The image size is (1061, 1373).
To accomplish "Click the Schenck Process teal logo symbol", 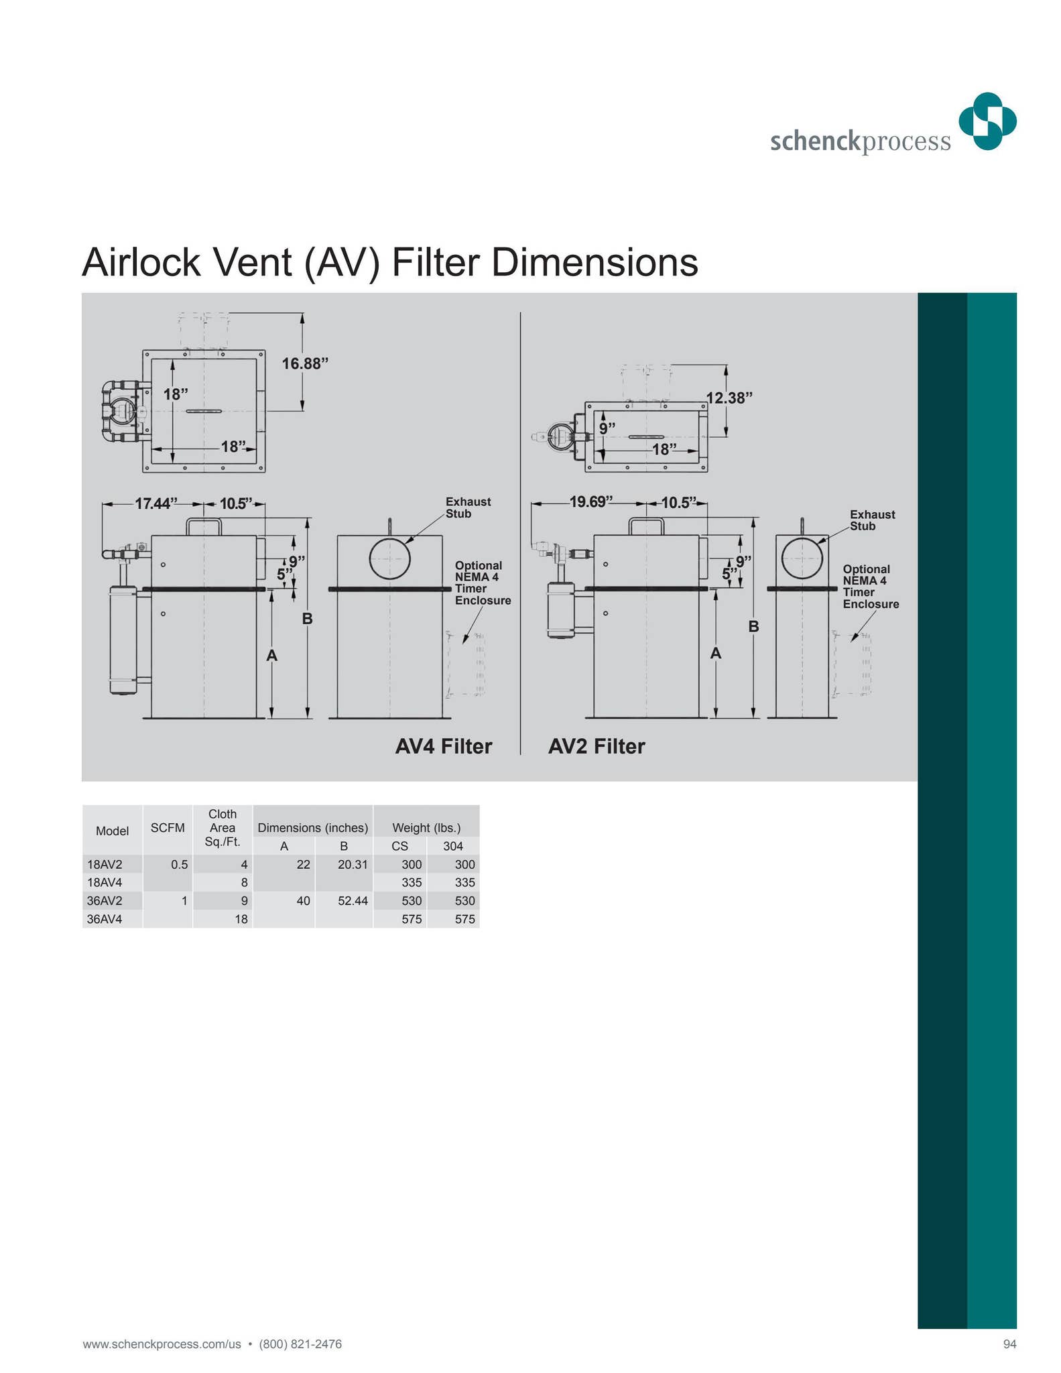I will coord(987,121).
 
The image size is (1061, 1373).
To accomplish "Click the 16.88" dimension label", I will coord(305,363).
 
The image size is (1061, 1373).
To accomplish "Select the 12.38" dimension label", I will coord(729,398).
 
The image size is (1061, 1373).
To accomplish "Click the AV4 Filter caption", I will coord(443,746).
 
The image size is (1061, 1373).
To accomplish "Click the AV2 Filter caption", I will coord(596,746).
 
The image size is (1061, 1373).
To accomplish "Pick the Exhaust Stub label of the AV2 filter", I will coord(871,520).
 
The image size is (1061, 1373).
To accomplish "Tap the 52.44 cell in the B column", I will coord(353,900).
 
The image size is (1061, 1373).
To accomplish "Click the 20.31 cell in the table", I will coord(353,865).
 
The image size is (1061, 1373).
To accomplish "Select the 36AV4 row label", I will coord(105,919).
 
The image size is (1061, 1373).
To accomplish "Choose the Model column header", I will coord(112,831).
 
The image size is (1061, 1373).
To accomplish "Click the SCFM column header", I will coord(168,828).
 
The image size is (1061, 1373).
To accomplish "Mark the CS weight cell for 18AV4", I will coord(412,883).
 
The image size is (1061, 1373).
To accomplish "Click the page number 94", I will coord(1009,1344).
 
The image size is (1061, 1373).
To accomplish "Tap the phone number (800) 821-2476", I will coord(300,1344).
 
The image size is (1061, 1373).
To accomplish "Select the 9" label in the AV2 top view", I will coord(607,428).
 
